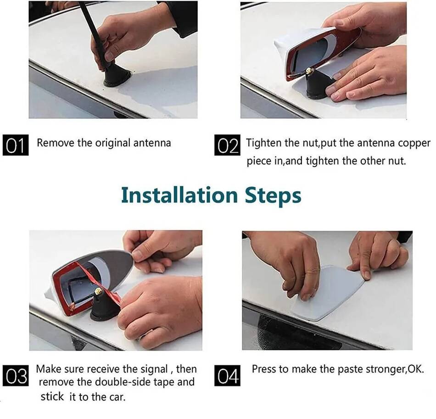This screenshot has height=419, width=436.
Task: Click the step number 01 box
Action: (16, 145)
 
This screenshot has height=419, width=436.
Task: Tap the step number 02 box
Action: (227, 145)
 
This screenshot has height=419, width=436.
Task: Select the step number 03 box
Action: (16, 376)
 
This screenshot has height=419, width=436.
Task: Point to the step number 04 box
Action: (227, 376)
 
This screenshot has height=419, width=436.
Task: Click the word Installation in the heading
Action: (179, 195)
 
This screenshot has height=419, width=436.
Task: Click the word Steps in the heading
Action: (273, 196)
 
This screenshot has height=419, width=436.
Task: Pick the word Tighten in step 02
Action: (264, 143)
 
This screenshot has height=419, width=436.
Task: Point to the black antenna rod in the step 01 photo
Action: (94, 34)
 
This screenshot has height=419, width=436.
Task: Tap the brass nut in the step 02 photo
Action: (308, 71)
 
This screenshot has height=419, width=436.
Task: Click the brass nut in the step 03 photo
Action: (98, 291)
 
